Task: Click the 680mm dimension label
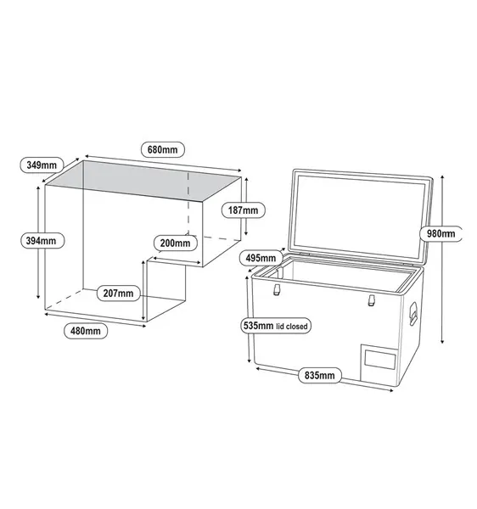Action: (163, 149)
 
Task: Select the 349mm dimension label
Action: (42, 165)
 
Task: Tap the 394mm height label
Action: (42, 241)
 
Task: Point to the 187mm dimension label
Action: (244, 210)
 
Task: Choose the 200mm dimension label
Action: (176, 243)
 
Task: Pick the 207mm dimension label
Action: (119, 294)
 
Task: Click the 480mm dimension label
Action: (86, 331)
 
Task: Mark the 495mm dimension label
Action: (261, 258)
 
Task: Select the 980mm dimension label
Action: (441, 233)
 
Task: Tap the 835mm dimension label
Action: (320, 375)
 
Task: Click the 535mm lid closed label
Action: (276, 326)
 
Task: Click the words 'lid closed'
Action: (292, 327)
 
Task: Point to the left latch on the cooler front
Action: (277, 289)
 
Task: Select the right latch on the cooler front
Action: (372, 300)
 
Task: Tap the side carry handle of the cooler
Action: (413, 313)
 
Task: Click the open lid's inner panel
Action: (359, 215)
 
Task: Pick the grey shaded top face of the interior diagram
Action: (143, 181)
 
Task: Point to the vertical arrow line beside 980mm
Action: (442, 259)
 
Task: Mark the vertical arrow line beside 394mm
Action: (38, 242)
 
